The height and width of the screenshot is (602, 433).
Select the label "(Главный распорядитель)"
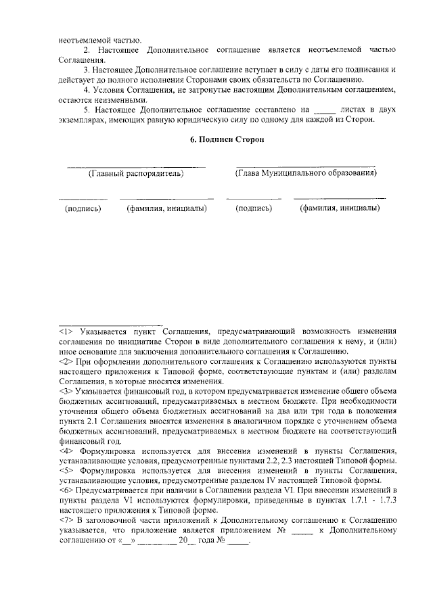136,173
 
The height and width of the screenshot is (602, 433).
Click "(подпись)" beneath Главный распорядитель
83,208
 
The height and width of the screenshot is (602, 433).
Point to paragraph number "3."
86,70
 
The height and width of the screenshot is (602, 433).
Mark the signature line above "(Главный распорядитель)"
136,165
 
